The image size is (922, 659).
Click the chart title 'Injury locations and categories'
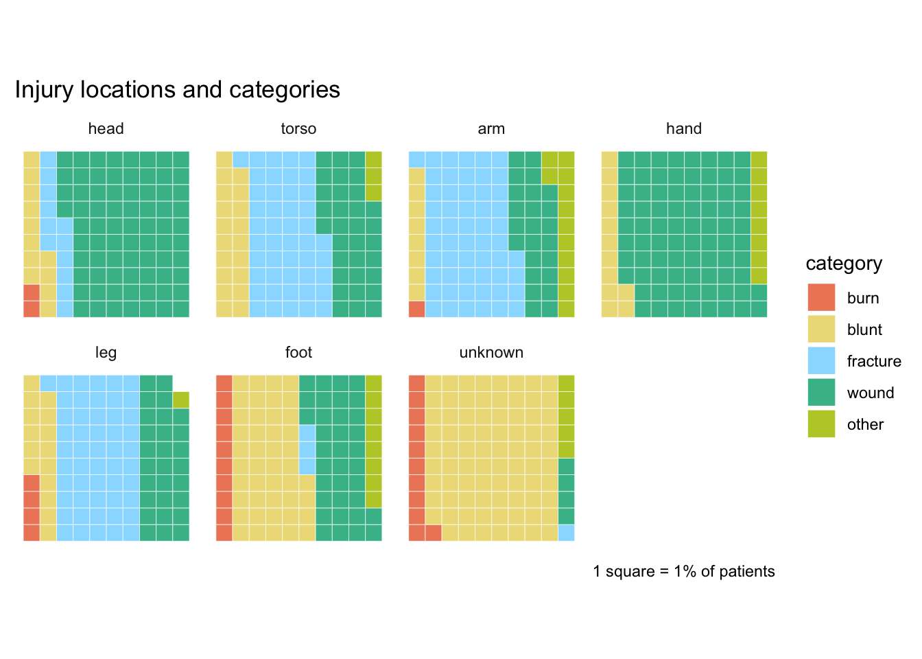[177, 90]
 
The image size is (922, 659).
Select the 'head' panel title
[106, 129]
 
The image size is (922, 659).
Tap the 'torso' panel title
[298, 129]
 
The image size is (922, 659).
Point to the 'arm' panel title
[491, 129]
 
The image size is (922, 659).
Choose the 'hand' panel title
[684, 129]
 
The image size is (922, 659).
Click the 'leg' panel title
[106, 353]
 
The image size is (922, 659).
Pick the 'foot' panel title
[298, 353]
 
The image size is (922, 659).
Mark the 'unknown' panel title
[491, 353]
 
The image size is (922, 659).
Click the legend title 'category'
[844, 264]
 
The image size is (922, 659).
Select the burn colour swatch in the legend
[821, 298]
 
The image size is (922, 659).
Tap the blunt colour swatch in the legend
[821, 329]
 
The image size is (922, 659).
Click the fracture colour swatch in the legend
[821, 361]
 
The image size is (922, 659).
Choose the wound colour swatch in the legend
[821, 393]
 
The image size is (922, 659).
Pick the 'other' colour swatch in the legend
[821, 424]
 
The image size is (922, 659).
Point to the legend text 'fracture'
[874, 362]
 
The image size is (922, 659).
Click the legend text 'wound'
[871, 393]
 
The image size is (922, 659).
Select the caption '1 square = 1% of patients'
[684, 572]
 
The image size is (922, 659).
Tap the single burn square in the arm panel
[416, 309]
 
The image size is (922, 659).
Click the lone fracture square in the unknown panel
[566, 533]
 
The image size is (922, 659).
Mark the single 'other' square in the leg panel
[180, 400]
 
